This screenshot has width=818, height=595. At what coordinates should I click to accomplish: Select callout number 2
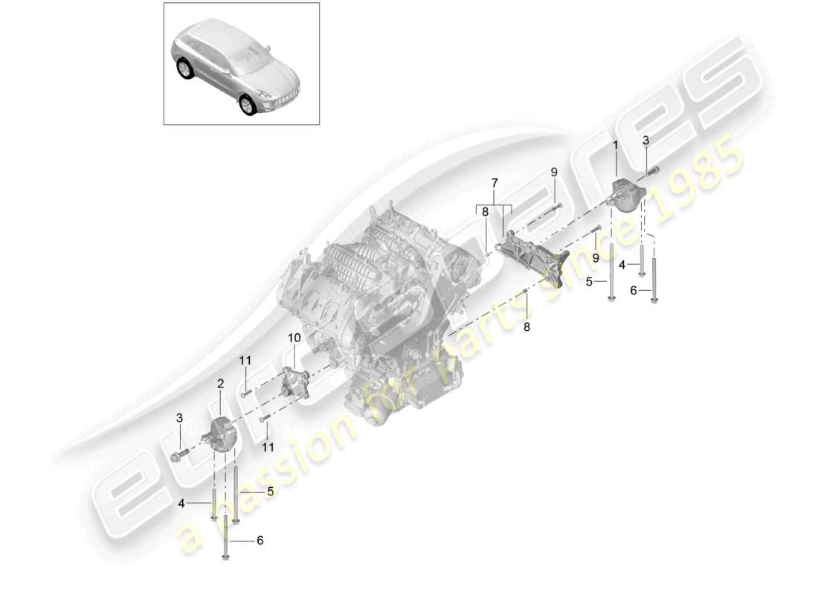(x=220, y=384)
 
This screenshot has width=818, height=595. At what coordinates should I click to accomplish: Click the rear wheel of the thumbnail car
(x=183, y=69)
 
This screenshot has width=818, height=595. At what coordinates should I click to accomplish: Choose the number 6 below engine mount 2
(x=260, y=541)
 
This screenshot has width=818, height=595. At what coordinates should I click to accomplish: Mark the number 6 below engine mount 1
(x=634, y=291)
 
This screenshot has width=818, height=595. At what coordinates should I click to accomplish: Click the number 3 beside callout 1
(x=645, y=140)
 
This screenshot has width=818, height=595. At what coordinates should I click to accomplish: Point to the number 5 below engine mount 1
(x=589, y=282)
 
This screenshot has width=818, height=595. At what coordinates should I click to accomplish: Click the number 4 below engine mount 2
(x=181, y=504)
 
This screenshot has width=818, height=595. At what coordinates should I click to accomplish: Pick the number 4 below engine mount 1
(x=622, y=264)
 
